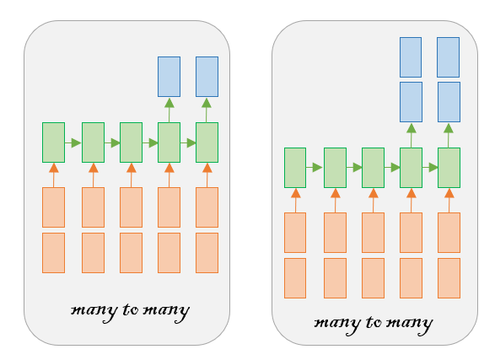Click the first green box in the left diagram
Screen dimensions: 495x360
point(53,142)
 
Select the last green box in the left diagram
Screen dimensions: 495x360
point(207,142)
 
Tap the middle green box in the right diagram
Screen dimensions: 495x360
point(373,168)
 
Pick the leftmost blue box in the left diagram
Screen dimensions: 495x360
point(169,77)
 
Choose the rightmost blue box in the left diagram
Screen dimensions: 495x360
point(207,77)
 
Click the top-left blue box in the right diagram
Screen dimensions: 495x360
point(411,57)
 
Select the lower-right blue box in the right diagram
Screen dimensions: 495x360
point(449,102)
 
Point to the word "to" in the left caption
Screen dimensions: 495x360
point(131,309)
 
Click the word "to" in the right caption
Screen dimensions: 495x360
point(374,322)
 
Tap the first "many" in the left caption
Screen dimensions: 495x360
point(94,312)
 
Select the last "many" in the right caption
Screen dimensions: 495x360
point(410,325)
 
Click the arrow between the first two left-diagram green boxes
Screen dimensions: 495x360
point(73,143)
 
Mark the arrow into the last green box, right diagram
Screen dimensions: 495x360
point(430,168)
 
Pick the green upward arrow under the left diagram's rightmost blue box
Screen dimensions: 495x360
point(207,110)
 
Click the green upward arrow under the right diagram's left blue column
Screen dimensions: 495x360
point(411,136)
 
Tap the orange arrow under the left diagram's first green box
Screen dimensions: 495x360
point(54,175)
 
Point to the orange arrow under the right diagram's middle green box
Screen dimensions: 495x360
point(373,201)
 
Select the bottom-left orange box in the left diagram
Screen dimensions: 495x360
point(53,253)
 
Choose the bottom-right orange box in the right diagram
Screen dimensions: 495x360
point(449,278)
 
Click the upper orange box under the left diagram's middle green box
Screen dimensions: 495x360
point(131,207)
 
